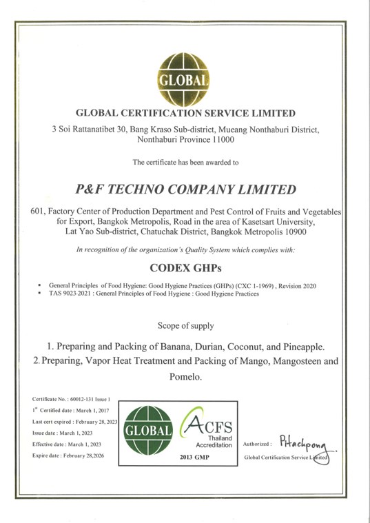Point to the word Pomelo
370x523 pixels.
pyautogui.click(x=185, y=378)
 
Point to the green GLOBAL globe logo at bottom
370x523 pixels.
pyautogui.click(x=147, y=431)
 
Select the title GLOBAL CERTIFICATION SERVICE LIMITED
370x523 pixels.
pyautogui.click(x=185, y=112)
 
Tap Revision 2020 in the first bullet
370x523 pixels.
pyautogui.click(x=294, y=285)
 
